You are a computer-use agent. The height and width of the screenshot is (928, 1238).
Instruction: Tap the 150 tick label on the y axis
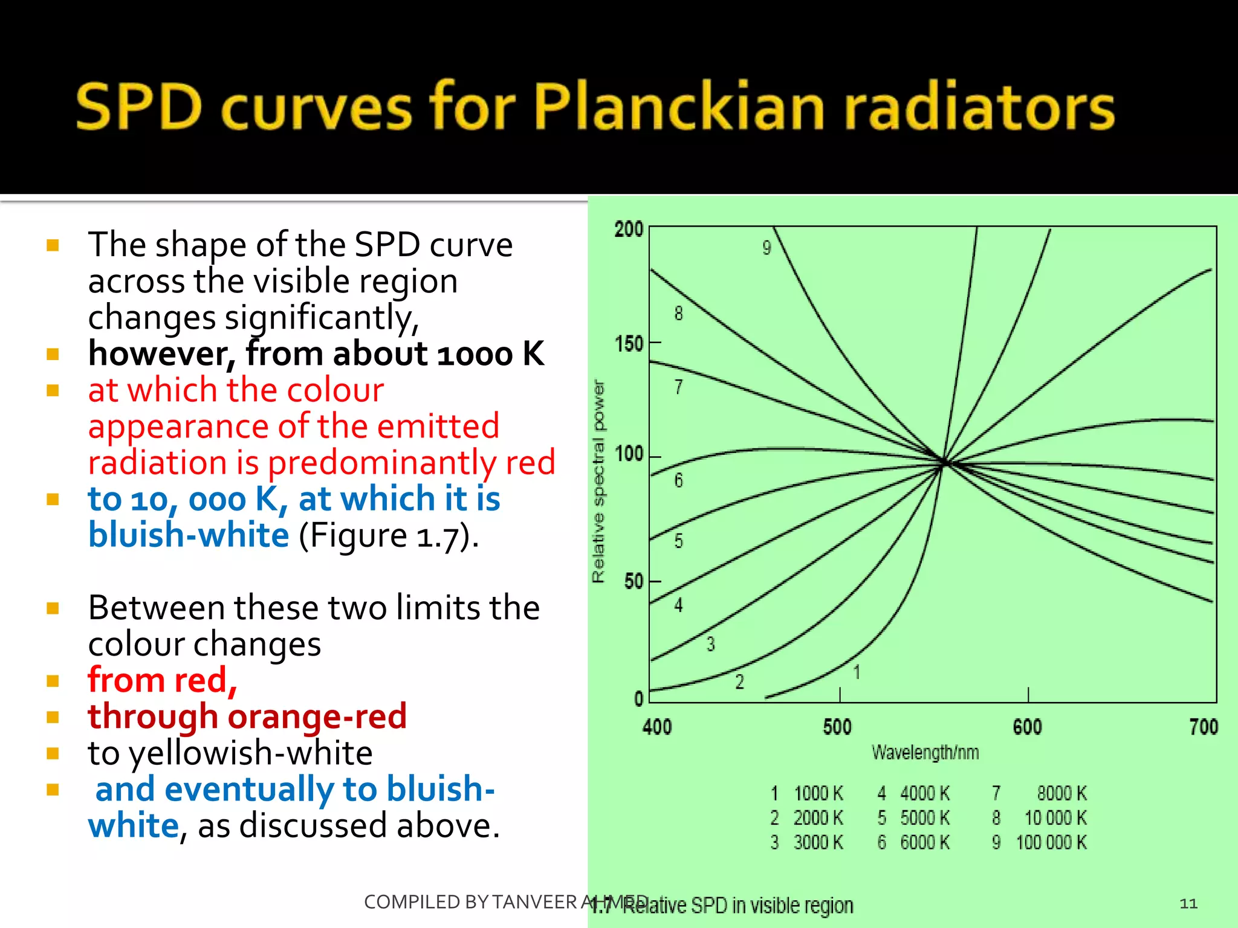pos(629,344)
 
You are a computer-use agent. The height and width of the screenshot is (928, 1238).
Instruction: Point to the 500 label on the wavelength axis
pos(837,727)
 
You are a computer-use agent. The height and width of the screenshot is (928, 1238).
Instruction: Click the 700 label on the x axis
pos(1203,727)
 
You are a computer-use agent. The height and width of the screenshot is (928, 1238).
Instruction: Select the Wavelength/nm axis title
pos(925,753)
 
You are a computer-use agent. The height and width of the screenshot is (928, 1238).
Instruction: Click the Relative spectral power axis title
pos(598,481)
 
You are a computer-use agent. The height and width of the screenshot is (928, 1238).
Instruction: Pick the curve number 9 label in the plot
pos(766,248)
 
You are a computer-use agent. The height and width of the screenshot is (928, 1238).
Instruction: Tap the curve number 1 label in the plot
pos(857,672)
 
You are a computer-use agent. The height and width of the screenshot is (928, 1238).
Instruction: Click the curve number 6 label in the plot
pos(678,481)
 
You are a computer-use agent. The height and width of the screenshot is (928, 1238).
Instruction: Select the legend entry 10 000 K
pos(1055,818)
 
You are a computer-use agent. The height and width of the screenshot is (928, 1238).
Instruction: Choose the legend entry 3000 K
pos(818,842)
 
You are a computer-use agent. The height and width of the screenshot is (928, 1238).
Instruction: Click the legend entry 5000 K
pos(925,818)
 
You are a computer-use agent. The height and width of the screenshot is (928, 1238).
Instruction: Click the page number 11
pos(1188,903)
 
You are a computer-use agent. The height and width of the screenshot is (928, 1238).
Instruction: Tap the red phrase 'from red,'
pos(162,680)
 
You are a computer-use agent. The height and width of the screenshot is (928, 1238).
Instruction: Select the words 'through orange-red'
pos(247,717)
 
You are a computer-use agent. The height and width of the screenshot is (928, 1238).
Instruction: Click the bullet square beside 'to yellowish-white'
pos(53,753)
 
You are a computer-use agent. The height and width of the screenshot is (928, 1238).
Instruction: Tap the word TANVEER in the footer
pos(534,902)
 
